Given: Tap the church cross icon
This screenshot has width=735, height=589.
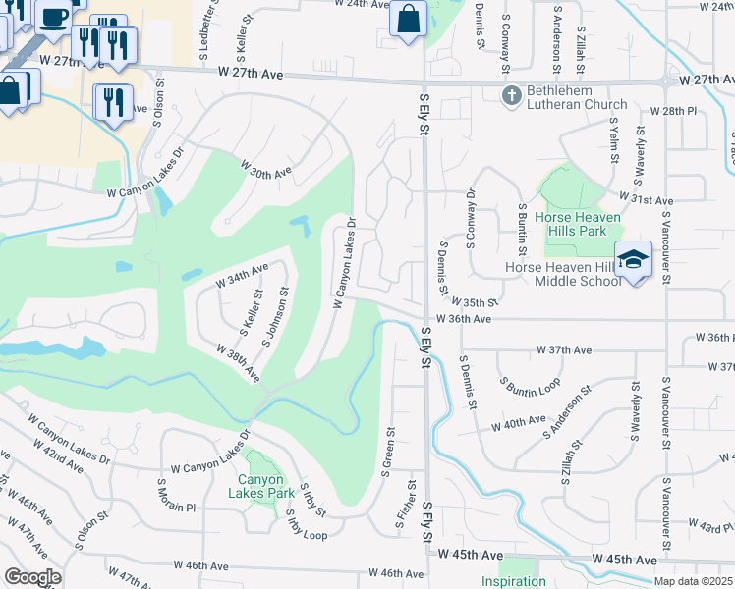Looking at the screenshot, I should pos(510,95).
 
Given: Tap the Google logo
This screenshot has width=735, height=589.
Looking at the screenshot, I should pos(32,577).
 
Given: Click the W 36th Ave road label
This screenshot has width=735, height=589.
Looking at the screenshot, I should pos(470,319).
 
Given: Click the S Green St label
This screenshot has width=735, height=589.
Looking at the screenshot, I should pos(390,446).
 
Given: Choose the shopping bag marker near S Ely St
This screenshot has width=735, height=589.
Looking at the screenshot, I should pos(408,19).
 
